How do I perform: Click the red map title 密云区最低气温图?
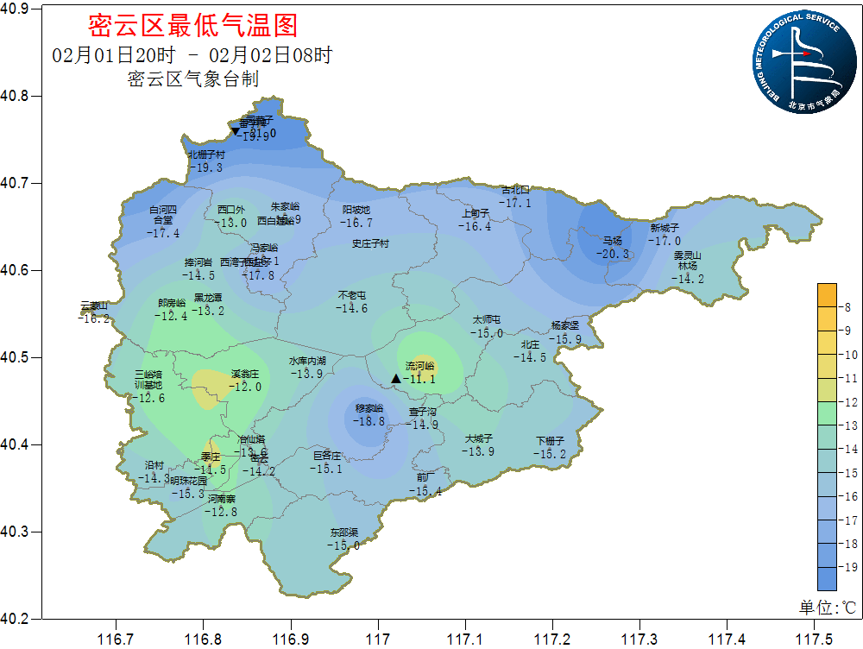tap(193, 26)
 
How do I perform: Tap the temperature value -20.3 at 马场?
tap(614, 255)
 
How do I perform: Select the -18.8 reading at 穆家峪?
tap(370, 421)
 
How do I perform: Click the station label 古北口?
tap(515, 190)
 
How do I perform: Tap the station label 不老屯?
tap(352, 296)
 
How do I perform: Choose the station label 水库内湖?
tap(307, 361)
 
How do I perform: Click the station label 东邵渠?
tap(343, 532)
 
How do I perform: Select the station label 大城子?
tap(478, 439)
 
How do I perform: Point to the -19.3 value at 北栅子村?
tap(206, 167)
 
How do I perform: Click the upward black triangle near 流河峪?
tap(396, 378)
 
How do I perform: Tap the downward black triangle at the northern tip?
tap(235, 131)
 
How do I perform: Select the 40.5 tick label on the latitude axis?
tap(16, 357)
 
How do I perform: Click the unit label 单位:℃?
tap(827, 608)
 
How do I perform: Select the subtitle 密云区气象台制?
tap(193, 79)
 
